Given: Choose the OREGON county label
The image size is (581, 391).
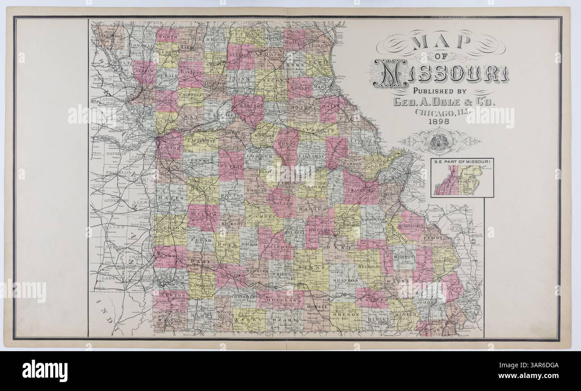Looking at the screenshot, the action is click(345, 314).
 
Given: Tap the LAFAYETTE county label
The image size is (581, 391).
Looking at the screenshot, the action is click(200, 141).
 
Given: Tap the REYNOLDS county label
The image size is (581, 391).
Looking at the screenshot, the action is click(368, 267).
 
